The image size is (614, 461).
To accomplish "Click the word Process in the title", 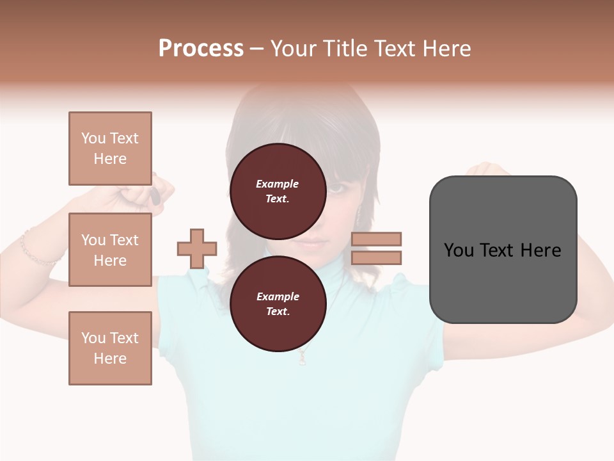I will click(201, 49).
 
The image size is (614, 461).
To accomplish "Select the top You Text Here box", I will click(110, 149).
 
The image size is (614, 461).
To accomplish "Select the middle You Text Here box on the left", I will click(110, 250).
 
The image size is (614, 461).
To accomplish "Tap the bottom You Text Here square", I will click(110, 348).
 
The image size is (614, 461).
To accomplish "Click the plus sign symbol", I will click(197, 249).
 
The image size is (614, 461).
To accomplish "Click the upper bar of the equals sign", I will click(377, 239).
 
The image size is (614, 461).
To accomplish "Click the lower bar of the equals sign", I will click(377, 258).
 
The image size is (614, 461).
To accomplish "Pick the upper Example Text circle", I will click(278, 191).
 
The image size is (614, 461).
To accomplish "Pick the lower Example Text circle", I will click(278, 304).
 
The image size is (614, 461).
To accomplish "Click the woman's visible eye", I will click(336, 189).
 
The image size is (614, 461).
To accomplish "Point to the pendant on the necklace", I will click(303, 359).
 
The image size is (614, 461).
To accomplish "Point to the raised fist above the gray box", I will click(489, 171).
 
